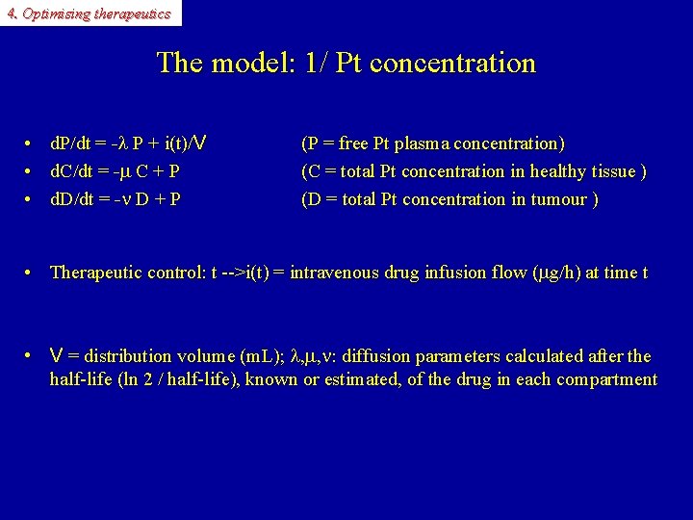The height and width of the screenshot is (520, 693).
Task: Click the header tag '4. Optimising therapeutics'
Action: pyautogui.click(x=89, y=13)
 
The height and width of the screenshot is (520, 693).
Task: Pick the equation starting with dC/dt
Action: pyautogui.click(x=115, y=172)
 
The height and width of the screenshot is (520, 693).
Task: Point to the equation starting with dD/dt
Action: pyautogui.click(x=115, y=200)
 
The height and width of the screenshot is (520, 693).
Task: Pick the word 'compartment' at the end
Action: pyautogui.click(x=608, y=379)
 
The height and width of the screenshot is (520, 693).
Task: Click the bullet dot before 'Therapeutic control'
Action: pyautogui.click(x=32, y=273)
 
